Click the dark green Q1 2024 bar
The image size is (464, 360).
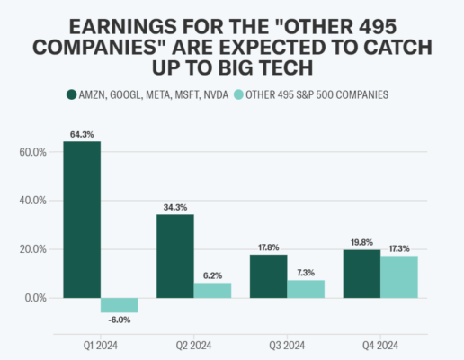(x=82, y=220)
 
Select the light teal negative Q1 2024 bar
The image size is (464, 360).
(x=120, y=305)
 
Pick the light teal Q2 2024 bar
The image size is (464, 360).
(x=213, y=290)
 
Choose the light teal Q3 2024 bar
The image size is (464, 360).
(x=306, y=288)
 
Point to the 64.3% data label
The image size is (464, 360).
(x=82, y=135)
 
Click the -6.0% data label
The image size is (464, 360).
(x=120, y=320)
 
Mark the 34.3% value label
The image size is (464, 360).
(x=175, y=208)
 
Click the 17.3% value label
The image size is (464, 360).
(x=399, y=248)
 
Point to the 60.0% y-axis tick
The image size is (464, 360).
(x=32, y=152)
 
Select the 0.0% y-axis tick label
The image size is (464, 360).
(x=34, y=298)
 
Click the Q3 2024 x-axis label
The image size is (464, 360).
(x=287, y=342)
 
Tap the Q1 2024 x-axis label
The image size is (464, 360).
(x=100, y=342)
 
